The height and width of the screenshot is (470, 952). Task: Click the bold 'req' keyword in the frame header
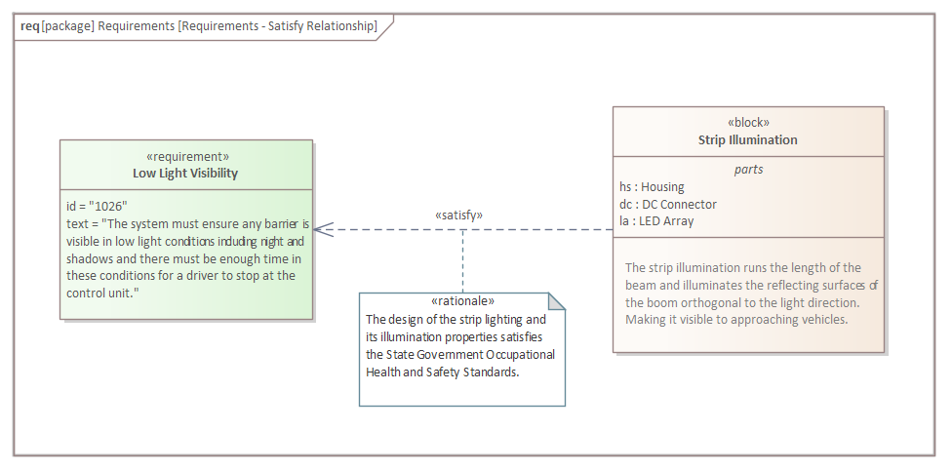click(30, 25)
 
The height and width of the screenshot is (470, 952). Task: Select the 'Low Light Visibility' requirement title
click(185, 174)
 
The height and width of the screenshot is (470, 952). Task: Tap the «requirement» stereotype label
click(187, 156)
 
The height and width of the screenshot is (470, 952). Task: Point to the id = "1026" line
click(97, 206)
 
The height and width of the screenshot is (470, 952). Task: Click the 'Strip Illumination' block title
click(748, 140)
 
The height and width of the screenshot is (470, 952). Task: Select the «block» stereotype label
click(748, 123)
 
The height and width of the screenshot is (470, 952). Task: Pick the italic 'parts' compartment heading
click(748, 169)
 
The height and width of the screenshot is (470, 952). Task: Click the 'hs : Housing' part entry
click(652, 186)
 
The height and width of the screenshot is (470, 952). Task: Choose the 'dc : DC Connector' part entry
click(668, 204)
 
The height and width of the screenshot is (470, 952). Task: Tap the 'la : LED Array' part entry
click(656, 221)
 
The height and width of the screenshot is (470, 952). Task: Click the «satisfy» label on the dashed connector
click(458, 215)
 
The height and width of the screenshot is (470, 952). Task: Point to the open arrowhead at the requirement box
click(321, 230)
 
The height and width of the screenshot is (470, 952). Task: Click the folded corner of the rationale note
click(556, 301)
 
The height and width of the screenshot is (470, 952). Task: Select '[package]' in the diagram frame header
click(67, 25)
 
